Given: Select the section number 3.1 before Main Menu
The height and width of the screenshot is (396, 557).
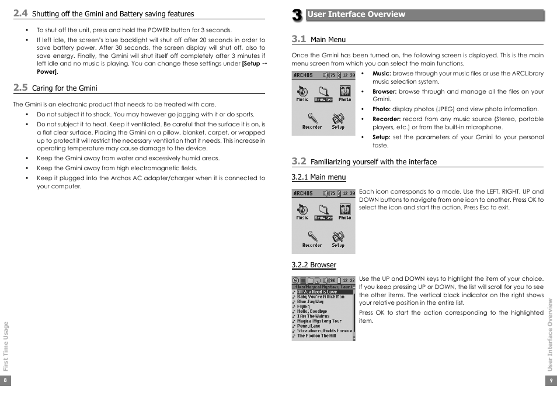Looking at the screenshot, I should (x=299, y=39).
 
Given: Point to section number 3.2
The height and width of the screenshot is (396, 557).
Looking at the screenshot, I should (x=299, y=161).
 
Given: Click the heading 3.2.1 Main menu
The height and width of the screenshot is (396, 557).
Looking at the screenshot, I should (x=319, y=177).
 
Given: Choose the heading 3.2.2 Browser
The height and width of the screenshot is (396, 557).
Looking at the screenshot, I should (x=314, y=265).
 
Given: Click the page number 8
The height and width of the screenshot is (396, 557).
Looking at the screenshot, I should (x=5, y=380).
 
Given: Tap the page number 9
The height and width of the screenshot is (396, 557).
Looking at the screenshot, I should (x=551, y=380).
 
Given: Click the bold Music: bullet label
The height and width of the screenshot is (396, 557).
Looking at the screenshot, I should (x=382, y=74).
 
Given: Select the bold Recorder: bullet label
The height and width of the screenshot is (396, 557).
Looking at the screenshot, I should (x=387, y=119).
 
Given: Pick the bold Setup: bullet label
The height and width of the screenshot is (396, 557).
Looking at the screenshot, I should (x=381, y=137).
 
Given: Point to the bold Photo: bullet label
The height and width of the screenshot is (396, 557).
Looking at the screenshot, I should (x=382, y=109).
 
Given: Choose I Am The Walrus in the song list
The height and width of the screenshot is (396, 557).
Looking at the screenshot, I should (x=314, y=316).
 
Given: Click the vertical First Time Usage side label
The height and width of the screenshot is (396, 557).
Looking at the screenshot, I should (x=6, y=346).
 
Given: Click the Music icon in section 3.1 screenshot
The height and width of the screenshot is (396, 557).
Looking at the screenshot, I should (x=302, y=93).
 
